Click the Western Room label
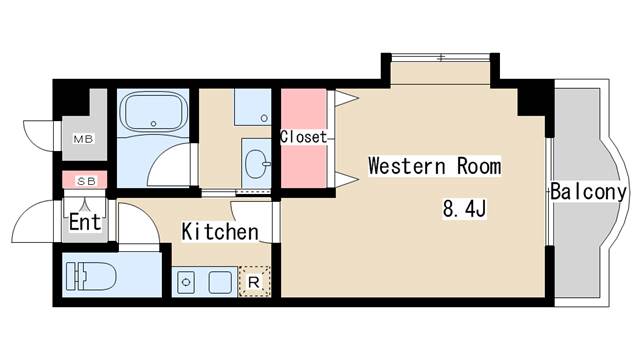(x=435, y=166)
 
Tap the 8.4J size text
(x=464, y=209)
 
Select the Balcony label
(x=588, y=191)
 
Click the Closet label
(x=303, y=137)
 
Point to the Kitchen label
(x=220, y=231)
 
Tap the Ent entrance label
(x=85, y=222)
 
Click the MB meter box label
(x=84, y=139)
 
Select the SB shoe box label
(x=86, y=181)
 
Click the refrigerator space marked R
(x=254, y=282)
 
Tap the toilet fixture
(x=91, y=276)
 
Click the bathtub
(x=154, y=111)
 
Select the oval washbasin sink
(x=257, y=164)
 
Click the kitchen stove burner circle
(x=186, y=282)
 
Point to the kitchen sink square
(x=220, y=282)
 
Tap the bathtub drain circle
(x=153, y=123)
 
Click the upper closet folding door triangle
(x=346, y=98)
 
